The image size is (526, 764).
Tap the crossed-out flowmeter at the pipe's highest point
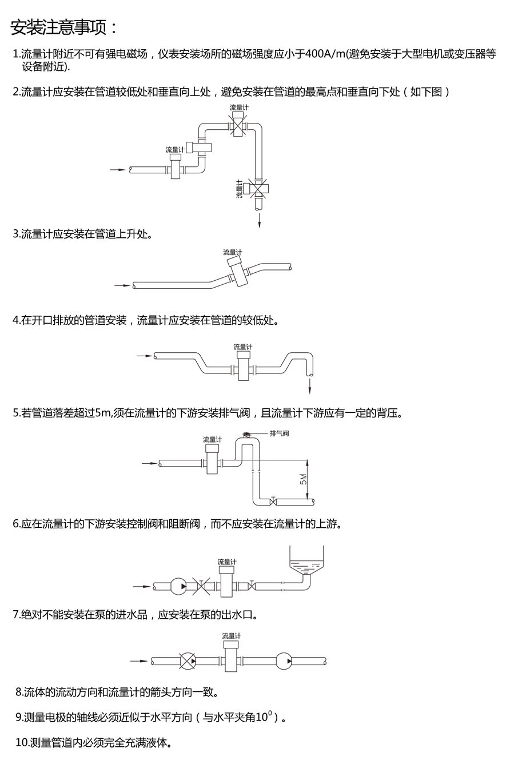click(238, 125)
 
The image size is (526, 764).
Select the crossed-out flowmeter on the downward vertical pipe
click(258, 188)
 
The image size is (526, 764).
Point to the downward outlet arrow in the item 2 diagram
click(260, 220)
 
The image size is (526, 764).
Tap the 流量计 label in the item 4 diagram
click(243, 347)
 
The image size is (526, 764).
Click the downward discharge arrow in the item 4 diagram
click(309, 387)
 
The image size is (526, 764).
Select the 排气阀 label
click(279, 433)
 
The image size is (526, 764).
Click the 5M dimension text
click(303, 479)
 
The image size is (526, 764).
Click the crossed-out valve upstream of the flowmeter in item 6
click(201, 586)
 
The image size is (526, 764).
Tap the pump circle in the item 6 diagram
click(178, 586)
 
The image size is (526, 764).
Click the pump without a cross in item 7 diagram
click(284, 661)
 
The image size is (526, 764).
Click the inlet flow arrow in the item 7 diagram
click(139, 661)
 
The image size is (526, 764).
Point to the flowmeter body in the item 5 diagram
click(213, 459)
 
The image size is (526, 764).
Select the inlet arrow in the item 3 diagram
click(122, 285)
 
